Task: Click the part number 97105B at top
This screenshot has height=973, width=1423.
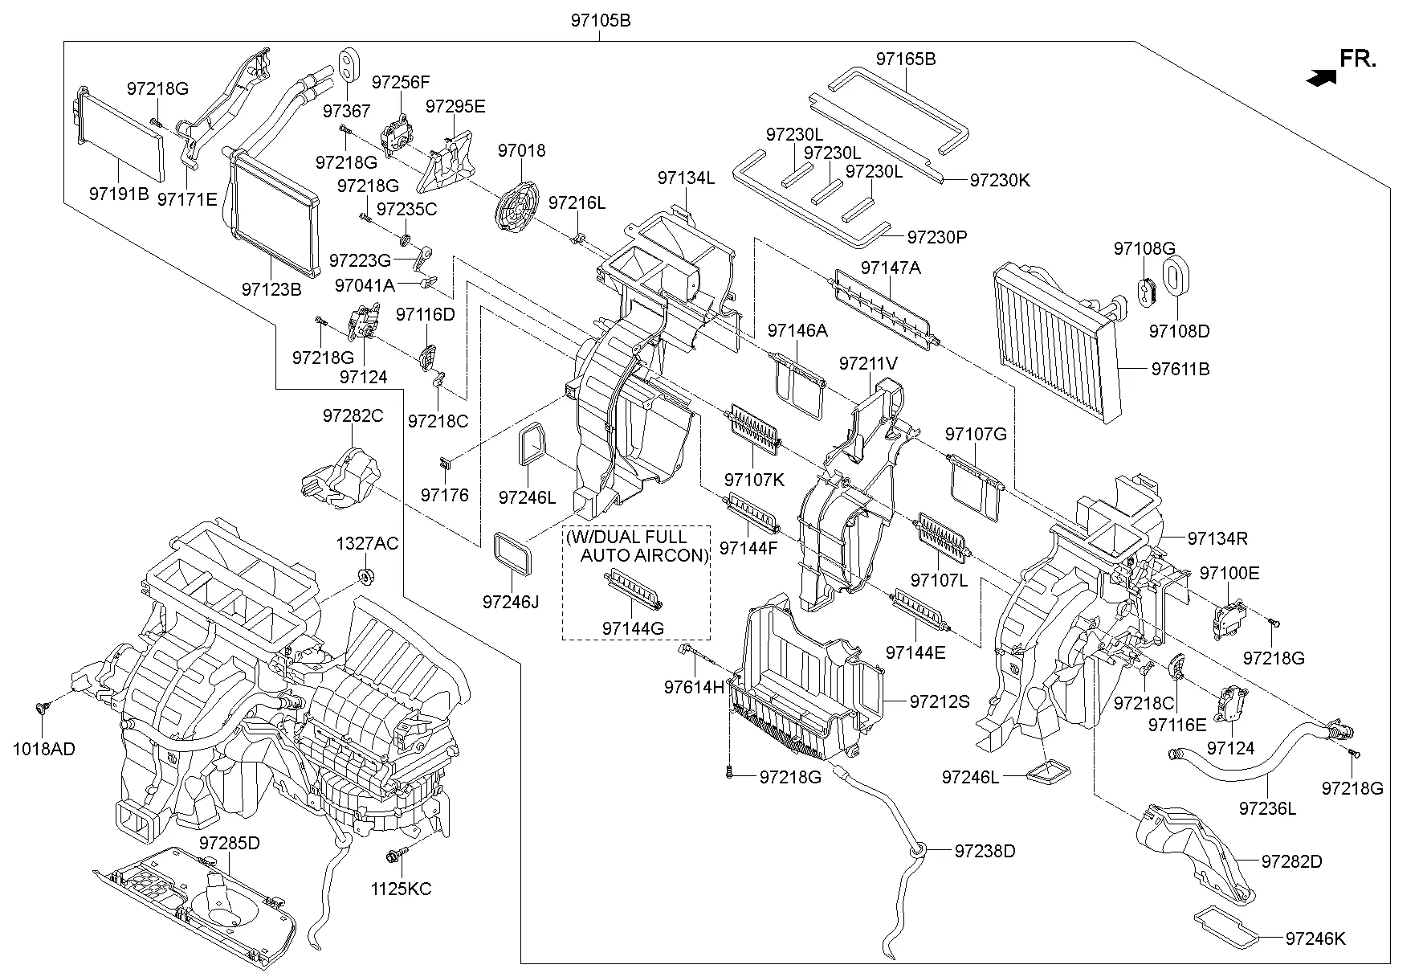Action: pyautogui.click(x=600, y=21)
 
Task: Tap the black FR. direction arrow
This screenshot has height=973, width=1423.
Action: pyautogui.click(x=1322, y=77)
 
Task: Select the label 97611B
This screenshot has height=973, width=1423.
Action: pyautogui.click(x=1180, y=370)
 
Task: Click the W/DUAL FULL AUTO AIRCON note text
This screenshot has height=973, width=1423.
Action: pyautogui.click(x=637, y=546)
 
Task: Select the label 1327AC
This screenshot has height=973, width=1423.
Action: pyautogui.click(x=367, y=544)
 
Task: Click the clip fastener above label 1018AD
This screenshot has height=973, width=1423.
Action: pyautogui.click(x=40, y=708)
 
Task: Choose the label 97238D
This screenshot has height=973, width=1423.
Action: pyautogui.click(x=985, y=851)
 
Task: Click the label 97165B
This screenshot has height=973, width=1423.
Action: pyautogui.click(x=905, y=59)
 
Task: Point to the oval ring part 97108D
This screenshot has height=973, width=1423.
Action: pyautogui.click(x=1175, y=277)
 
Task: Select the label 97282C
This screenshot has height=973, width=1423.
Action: pyautogui.click(x=353, y=416)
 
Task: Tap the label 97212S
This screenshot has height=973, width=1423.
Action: pyautogui.click(x=940, y=701)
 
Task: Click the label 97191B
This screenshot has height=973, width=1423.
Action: pyautogui.click(x=119, y=194)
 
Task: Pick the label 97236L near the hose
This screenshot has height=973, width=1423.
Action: pyautogui.click(x=1266, y=808)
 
